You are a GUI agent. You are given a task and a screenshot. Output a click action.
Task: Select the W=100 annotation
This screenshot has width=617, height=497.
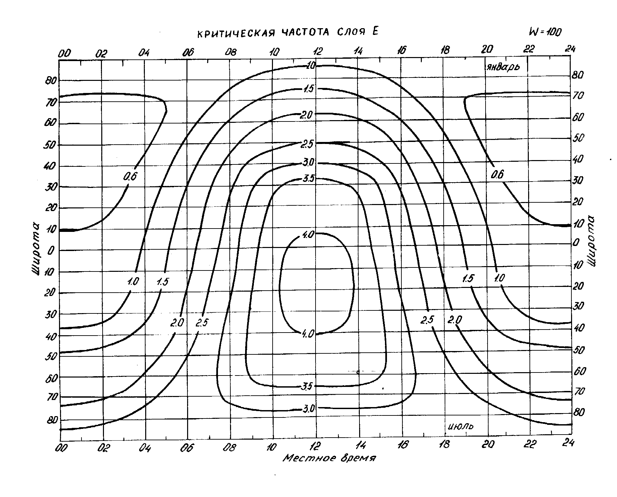pos(545,32)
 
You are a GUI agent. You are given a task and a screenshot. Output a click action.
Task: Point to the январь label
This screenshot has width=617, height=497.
pos(502,67)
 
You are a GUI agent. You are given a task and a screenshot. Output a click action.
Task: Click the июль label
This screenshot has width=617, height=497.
pos(461,426)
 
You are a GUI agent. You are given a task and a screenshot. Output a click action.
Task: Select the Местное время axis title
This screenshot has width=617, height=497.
pos(329,458)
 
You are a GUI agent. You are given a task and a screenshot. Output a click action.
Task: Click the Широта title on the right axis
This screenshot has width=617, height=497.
pos(592,241)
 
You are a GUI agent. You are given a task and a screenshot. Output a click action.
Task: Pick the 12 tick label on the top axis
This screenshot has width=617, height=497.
pos(317,51)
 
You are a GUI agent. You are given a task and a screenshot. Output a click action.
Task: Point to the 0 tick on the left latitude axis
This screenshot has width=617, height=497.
pos(49,251)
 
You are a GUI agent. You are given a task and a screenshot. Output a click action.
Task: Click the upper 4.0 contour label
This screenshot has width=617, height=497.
pos(308,234)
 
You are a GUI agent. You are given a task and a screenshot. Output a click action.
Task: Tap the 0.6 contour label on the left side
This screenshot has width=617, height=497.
pos(130,177)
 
